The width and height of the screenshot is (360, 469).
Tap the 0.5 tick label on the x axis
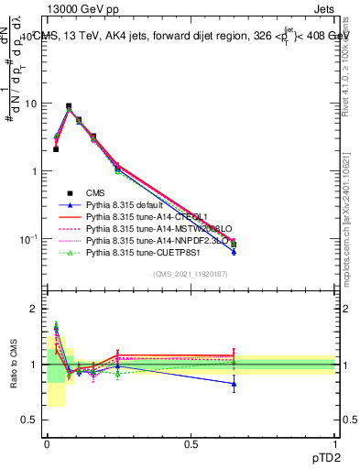pyautogui.click(x=191, y=444)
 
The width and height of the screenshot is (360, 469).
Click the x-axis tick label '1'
pyautogui.click(x=334, y=444)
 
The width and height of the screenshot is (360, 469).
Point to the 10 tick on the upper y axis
pyautogui.click(x=31, y=104)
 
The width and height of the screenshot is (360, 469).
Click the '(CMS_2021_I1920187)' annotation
pyautogui.click(x=191, y=273)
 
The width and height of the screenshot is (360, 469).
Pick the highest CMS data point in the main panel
pyautogui.click(x=69, y=106)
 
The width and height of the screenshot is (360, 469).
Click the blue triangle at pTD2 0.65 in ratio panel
pyautogui.click(x=234, y=384)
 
